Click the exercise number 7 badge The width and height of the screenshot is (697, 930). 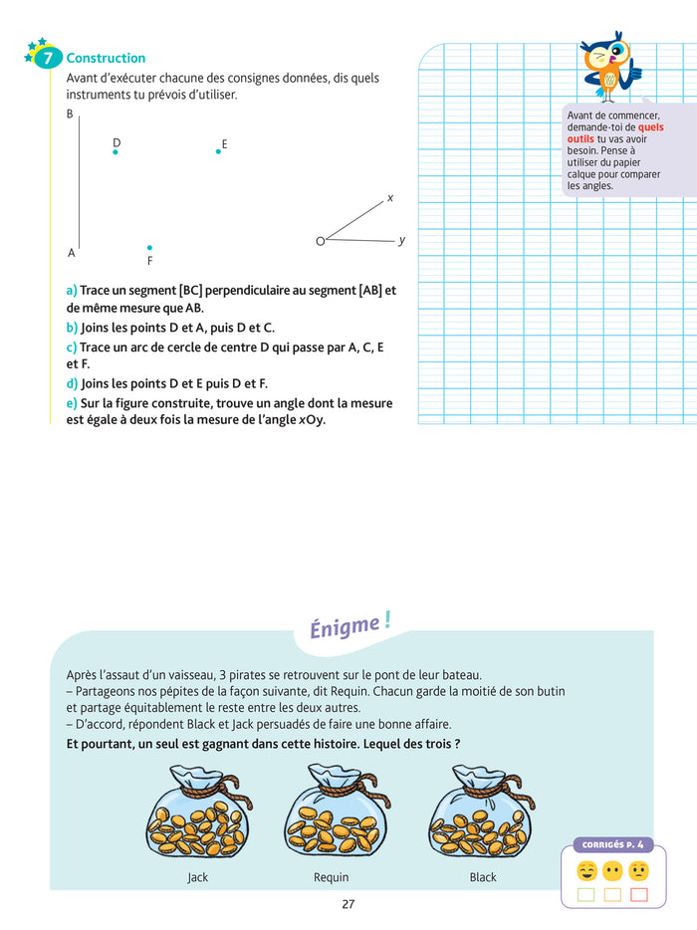coord(47,59)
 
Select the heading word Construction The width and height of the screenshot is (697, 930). coord(106,59)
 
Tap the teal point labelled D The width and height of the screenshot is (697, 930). coord(116,152)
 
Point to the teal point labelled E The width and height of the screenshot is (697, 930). coord(218,151)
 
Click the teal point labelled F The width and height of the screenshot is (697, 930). coord(149,247)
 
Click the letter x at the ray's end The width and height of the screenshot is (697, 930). coord(390,198)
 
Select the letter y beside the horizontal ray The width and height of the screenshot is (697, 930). coord(401,240)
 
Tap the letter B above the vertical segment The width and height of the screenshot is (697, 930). coord(70,115)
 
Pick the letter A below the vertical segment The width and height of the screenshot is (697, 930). coord(72,253)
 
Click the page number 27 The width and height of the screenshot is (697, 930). coord(348,904)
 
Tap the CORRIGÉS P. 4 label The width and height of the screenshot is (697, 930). coord(612,845)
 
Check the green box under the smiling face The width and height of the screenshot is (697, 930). coord(586,894)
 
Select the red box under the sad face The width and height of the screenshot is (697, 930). coord(639,894)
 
